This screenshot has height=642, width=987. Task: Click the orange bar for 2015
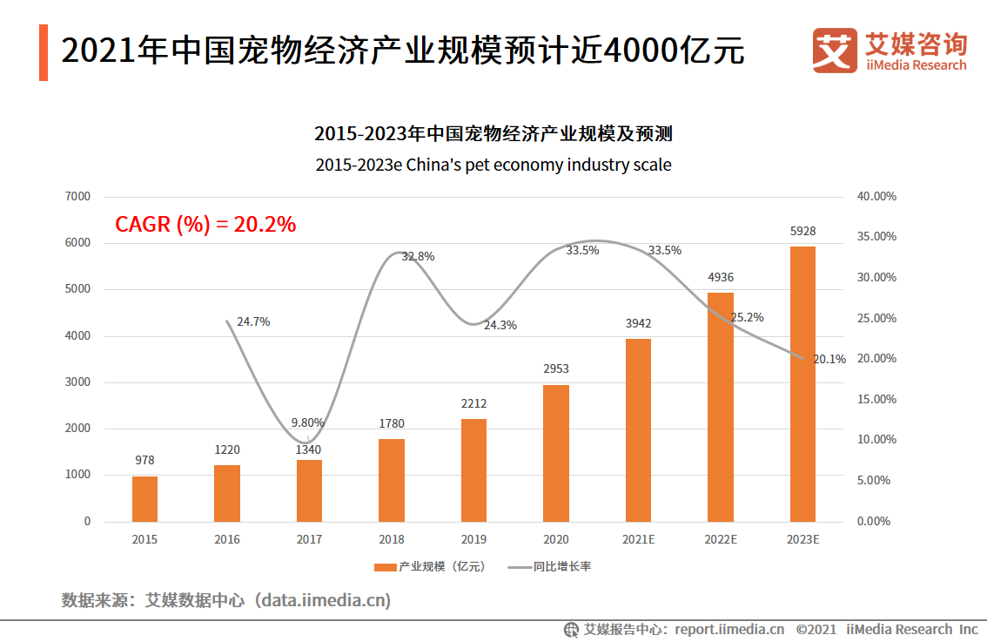coord(144,498)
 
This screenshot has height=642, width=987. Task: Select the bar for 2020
coord(556,453)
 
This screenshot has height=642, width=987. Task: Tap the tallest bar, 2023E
coord(802,383)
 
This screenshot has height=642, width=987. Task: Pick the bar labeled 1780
coord(392,480)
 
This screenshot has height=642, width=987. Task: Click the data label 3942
coord(638,324)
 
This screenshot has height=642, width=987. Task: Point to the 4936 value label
coord(721,278)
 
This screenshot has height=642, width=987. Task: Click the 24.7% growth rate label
coord(253,321)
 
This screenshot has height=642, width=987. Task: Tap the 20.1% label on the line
coord(829,359)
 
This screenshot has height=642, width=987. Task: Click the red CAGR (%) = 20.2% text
coord(205,225)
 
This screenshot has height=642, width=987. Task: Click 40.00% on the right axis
coord(876,197)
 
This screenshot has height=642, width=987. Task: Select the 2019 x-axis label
coord(473,539)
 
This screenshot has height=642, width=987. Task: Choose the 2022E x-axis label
coord(721,539)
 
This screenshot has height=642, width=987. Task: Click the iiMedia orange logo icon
coord(834,51)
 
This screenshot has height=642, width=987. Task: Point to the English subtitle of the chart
coord(493,165)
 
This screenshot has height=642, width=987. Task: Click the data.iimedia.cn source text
coord(326,600)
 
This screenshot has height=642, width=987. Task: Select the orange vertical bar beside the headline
coord(44,53)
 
